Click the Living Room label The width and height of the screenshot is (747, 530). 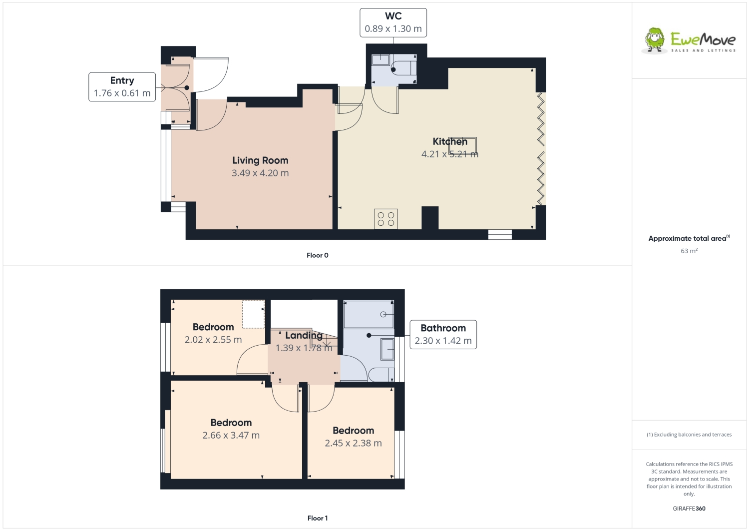(260, 160)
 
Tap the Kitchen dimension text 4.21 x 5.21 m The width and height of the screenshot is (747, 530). (449, 154)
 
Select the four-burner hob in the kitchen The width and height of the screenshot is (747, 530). (386, 219)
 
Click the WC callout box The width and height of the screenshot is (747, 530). (393, 22)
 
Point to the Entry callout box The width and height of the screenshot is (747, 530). (122, 87)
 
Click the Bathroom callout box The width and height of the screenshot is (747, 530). (443, 334)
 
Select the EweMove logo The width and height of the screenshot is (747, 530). (689, 40)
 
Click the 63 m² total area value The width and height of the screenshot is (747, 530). (689, 251)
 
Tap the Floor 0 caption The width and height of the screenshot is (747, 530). (317, 255)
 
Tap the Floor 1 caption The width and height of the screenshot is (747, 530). (317, 518)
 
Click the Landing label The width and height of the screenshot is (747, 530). (304, 335)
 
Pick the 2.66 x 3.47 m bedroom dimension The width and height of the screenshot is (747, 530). (231, 435)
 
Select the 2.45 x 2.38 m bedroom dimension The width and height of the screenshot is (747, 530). (353, 443)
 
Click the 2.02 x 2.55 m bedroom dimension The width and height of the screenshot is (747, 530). (213, 340)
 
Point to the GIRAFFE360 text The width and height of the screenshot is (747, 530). (689, 509)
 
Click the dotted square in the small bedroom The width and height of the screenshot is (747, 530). (253, 314)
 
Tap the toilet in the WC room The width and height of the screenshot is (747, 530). (403, 67)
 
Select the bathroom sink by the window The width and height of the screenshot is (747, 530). (387, 349)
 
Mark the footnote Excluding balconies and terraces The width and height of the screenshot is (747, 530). (689, 435)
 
